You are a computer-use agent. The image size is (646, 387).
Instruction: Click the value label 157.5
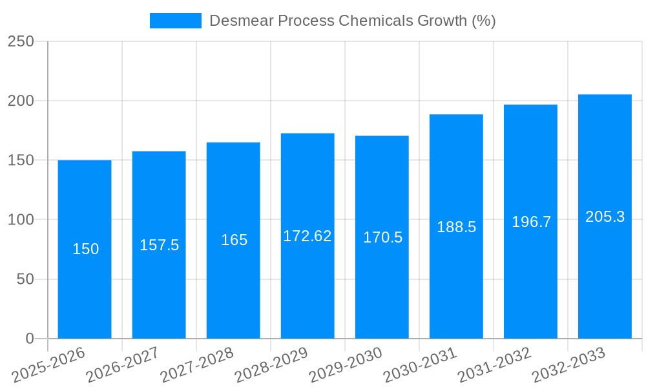click(x=159, y=245)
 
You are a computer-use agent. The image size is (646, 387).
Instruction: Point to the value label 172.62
click(x=307, y=236)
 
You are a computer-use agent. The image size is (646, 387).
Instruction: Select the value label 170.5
click(x=382, y=237)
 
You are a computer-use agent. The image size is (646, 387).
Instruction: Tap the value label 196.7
click(x=531, y=222)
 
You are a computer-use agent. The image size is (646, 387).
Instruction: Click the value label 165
click(x=234, y=240)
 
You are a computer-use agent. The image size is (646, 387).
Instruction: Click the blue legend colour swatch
click(x=175, y=21)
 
